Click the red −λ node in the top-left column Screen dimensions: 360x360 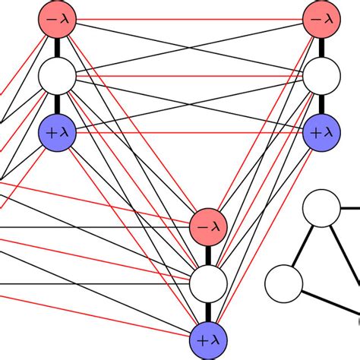[57, 19]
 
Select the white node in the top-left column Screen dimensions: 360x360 [57, 75]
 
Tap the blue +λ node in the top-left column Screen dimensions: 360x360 [57, 131]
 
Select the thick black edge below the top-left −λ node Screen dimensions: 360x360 [57, 47]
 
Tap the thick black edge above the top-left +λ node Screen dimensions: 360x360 [57, 103]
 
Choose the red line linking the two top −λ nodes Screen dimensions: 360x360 [190, 19]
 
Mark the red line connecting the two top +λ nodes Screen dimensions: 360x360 [190, 131]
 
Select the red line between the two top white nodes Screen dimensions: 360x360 [190, 76]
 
